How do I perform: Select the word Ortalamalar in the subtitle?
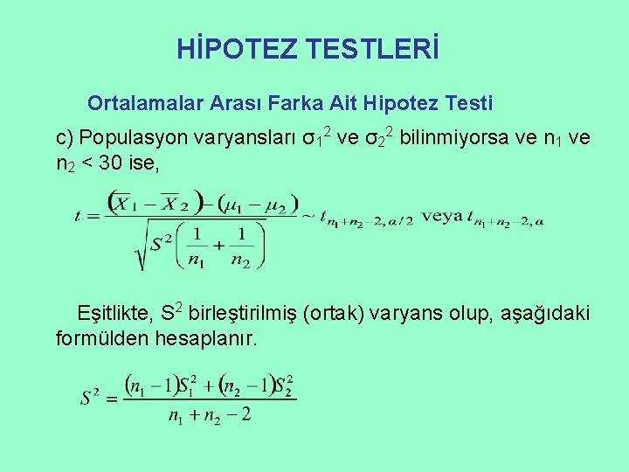pyautogui.click(x=147, y=103)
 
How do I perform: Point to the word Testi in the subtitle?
pyautogui.click(x=469, y=103)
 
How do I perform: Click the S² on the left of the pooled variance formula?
pyautogui.click(x=90, y=399)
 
